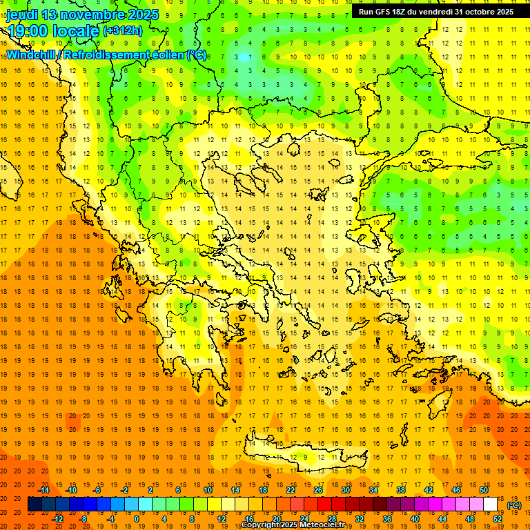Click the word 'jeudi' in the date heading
coord(22,14)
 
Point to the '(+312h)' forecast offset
coord(123,31)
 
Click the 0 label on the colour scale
coord(136,519)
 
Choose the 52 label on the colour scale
coord(498,519)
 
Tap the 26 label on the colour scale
coord(318,490)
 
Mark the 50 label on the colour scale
coord(484,490)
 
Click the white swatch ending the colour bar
coord(490,504)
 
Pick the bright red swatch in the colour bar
coord(324,504)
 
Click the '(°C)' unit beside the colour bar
coord(513,505)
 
